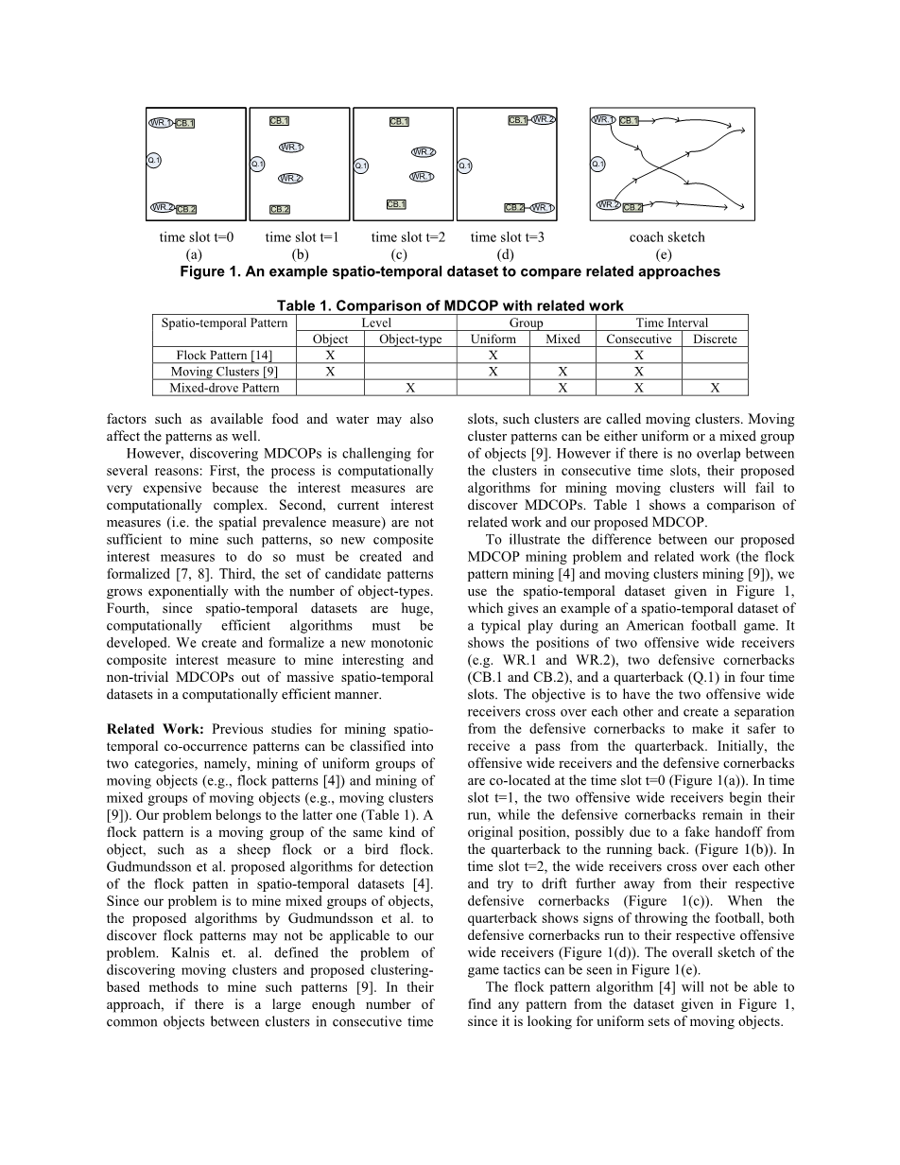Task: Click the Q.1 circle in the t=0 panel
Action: [154, 161]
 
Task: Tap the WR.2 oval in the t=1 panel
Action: [290, 178]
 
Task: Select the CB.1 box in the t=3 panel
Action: [517, 121]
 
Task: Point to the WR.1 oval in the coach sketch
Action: [603, 120]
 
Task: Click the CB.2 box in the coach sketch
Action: [632, 207]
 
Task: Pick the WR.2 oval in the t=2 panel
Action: [423, 151]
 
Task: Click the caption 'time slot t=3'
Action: [508, 237]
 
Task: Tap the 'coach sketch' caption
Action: [667, 237]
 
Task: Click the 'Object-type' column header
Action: [410, 339]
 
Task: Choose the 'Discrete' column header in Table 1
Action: [715, 339]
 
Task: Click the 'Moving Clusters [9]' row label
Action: [224, 372]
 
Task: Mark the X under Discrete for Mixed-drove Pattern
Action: [715, 388]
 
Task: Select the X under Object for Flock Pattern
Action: [330, 356]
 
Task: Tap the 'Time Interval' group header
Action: [671, 322]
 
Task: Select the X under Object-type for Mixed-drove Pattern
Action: [410, 388]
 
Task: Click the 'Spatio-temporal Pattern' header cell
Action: [224, 322]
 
